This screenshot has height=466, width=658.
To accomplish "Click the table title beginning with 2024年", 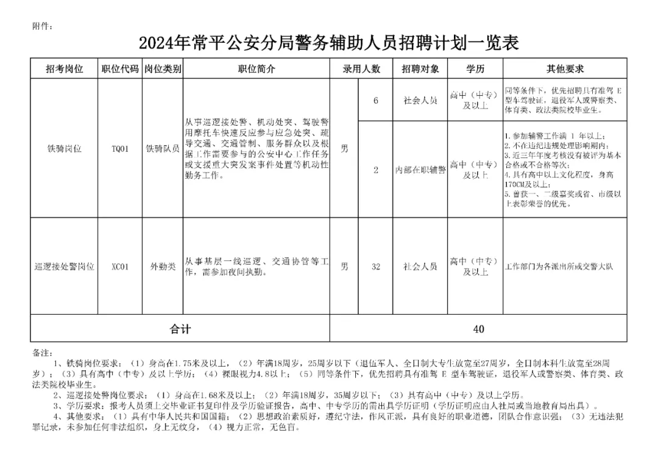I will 328,43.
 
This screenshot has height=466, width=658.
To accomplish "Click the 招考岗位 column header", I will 64,69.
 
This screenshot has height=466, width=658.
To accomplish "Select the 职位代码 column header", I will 120,69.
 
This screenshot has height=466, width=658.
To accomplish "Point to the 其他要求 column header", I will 565,69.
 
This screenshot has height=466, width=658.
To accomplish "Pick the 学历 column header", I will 475,69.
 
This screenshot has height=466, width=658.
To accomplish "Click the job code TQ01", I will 120,148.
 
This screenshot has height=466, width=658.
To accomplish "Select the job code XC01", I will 120,267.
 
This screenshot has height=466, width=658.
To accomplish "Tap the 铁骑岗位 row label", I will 64,148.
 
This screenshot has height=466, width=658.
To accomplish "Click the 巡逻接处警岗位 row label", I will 64,267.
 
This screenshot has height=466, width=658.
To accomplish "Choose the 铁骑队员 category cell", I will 163,148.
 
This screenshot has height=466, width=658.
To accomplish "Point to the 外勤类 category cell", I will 163,267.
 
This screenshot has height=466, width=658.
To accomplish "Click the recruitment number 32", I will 376,267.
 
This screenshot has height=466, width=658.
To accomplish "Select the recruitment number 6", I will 376,100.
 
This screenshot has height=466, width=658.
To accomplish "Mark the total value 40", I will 478,329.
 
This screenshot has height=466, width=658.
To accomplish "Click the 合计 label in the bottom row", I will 180,329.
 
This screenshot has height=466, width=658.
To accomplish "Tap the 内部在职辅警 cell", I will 420,170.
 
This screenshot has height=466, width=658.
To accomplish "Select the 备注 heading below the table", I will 42,353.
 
